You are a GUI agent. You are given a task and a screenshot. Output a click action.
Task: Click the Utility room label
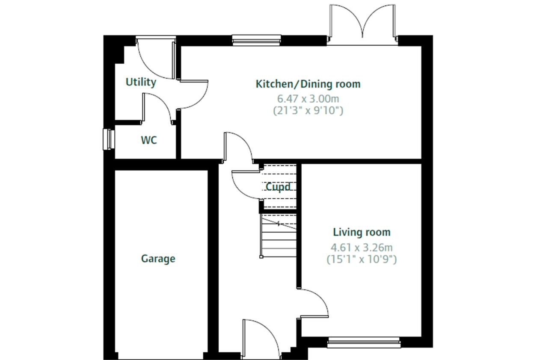141,82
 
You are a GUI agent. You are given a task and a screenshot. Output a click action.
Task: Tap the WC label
149,140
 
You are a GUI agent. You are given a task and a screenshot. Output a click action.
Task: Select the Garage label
158,259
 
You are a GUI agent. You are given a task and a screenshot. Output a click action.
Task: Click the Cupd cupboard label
278,187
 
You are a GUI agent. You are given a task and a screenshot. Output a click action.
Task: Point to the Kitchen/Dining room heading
308,84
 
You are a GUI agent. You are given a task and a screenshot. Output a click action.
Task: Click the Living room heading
362,232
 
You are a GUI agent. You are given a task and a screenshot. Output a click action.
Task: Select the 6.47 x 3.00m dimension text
308,99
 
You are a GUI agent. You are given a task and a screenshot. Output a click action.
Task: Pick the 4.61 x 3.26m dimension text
362,247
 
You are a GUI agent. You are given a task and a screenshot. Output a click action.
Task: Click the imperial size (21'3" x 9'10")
308,111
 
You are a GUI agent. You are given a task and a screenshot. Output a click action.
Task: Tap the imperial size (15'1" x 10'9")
362,259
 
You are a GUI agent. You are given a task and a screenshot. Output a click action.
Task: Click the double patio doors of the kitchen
362,24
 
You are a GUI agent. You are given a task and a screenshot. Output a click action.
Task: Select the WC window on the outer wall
108,139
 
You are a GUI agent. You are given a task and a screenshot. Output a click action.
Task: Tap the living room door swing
315,304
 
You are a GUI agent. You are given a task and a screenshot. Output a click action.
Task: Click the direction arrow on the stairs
279,224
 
